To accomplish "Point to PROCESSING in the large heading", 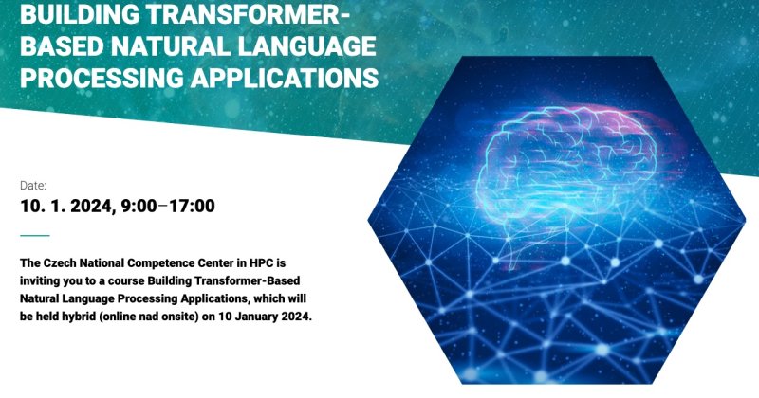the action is tap(102, 78).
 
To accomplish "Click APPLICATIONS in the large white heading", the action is tap(285, 78).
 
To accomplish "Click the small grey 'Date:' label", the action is tap(33, 185).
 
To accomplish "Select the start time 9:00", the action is tap(139, 206).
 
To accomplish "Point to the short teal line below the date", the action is tap(35, 236).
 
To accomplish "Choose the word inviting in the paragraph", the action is tap(36, 281).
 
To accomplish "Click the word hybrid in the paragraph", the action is tap(80, 317).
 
